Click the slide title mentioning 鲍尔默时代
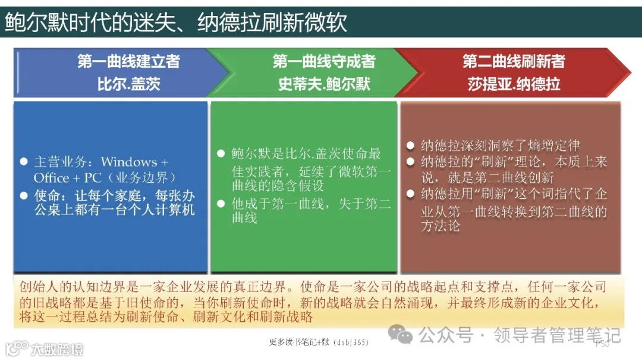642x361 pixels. pos(175,23)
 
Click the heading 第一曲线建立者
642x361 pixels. pos(128,62)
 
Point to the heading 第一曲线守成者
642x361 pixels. pos(324,62)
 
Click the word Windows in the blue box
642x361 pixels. pos(129,162)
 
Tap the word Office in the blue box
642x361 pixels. pos(52,178)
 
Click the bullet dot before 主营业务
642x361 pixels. pos(24,162)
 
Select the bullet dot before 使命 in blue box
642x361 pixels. pos(24,195)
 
